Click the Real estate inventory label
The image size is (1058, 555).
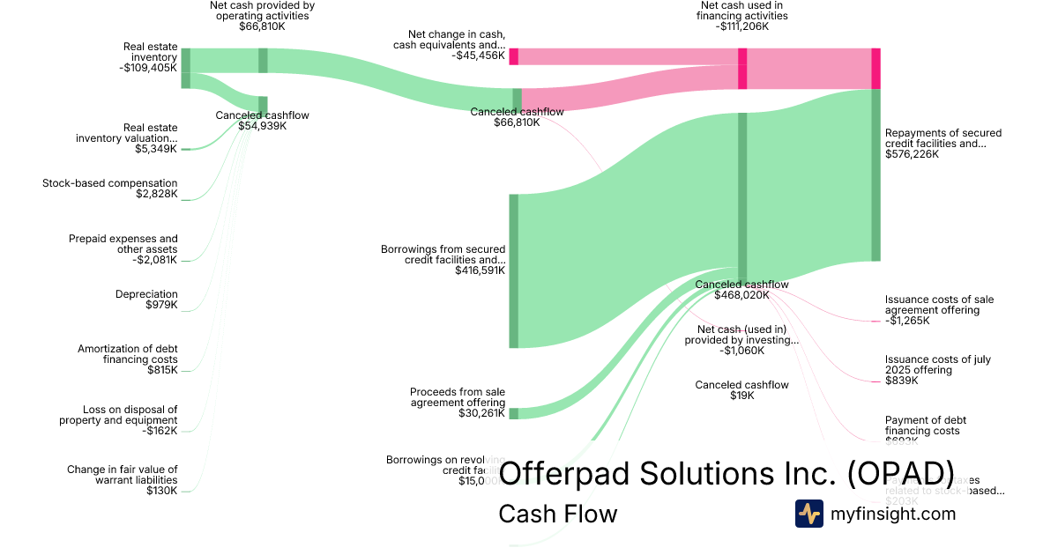[x=150, y=56]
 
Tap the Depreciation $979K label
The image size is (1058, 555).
[x=146, y=300]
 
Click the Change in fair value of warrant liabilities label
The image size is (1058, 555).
[x=123, y=479]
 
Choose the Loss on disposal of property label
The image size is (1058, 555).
[x=118, y=419]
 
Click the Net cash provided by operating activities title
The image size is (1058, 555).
[x=262, y=15]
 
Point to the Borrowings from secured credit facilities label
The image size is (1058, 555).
[x=443, y=260]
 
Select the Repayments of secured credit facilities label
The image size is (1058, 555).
[x=943, y=144]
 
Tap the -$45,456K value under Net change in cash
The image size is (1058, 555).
[x=479, y=56]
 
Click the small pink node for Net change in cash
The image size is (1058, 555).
[x=513, y=56]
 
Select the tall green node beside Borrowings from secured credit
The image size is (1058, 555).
[x=513, y=270]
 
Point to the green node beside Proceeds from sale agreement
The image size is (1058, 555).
[x=513, y=413]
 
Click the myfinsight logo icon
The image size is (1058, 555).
[x=808, y=514]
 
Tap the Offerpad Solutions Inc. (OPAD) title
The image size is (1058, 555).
[x=726, y=473]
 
